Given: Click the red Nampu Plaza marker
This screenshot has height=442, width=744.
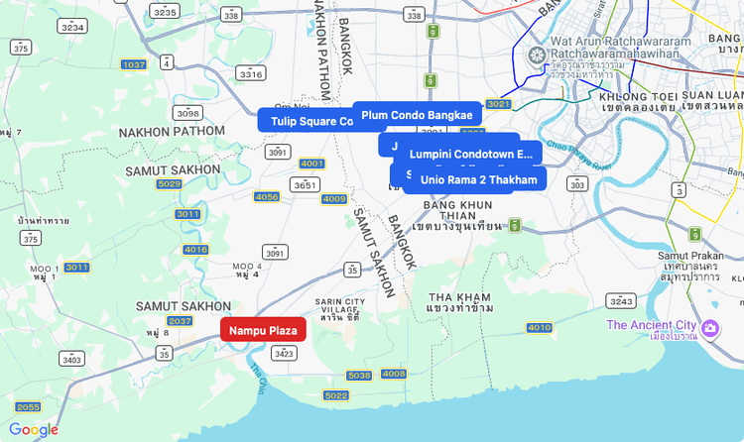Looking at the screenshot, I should point(263,330).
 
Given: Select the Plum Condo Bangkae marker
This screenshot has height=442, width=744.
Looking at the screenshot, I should point(417,115).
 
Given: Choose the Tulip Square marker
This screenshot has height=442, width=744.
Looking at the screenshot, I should point(306,121).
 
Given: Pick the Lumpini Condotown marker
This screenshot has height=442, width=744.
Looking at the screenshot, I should point(471,155).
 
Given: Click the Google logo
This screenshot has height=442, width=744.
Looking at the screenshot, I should point(34,429).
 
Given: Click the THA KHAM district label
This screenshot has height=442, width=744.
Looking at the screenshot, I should point(460,297).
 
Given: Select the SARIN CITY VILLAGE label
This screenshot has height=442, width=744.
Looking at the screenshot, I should point(340,306).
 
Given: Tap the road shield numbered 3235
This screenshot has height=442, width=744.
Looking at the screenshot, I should point(166,12).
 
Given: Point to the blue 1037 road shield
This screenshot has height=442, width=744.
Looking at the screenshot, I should point(134,64).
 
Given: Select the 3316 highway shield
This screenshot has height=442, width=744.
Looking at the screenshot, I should point(251,73).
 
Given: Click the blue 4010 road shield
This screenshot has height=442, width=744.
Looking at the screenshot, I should point(539,327).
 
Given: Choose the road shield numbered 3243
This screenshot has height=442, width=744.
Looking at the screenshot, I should point(621,300).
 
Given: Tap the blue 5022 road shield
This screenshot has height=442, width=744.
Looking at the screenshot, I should point(336,395).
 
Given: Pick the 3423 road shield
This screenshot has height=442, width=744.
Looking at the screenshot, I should point(284,353).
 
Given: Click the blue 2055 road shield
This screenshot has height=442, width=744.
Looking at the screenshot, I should point(28,406).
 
